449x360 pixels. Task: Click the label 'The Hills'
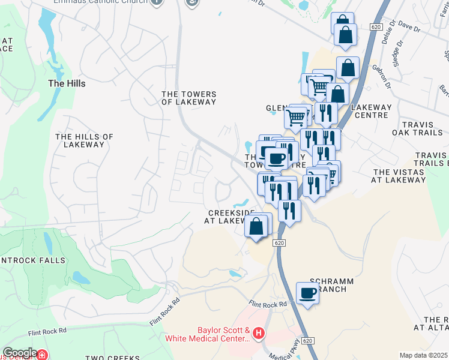click(x=66, y=84)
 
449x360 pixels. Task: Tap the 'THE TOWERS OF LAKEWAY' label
click(x=188, y=98)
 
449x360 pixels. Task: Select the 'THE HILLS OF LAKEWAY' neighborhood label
click(x=84, y=140)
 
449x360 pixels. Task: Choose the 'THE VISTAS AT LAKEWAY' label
click(x=399, y=175)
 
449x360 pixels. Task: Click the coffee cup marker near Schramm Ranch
click(x=307, y=293)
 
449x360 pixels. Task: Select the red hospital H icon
click(x=259, y=332)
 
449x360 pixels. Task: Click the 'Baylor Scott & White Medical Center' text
click(x=223, y=334)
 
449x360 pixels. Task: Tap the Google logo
click(x=20, y=353)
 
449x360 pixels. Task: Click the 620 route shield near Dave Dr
click(x=376, y=27)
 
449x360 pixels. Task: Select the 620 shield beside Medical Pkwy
click(x=307, y=341)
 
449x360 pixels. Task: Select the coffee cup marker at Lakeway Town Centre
click(x=276, y=158)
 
